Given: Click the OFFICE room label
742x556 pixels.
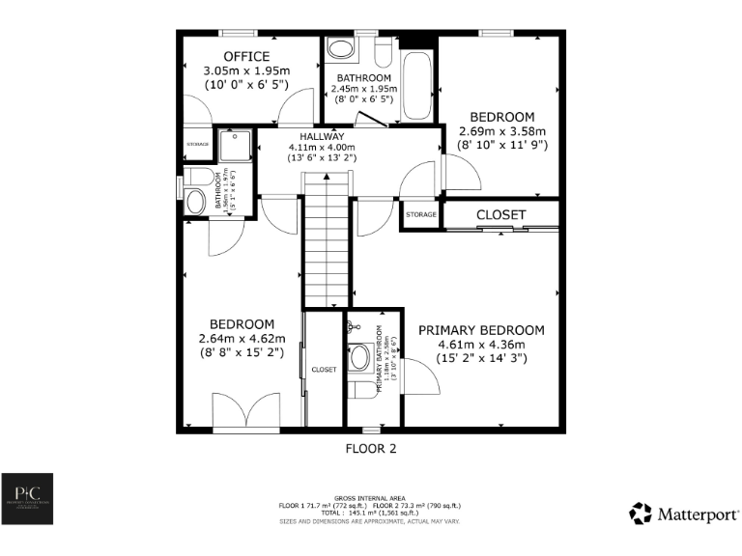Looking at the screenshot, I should point(246,56).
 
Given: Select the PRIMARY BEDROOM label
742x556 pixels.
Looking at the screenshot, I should point(480,330).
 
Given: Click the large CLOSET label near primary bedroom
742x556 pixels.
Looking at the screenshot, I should point(500,214).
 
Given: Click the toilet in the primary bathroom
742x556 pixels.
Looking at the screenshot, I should point(360,357).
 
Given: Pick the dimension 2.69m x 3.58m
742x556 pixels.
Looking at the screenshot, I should point(501,132).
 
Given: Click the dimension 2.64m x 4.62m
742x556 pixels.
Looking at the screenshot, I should point(242,339).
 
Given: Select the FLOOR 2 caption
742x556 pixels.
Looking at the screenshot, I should point(371,449).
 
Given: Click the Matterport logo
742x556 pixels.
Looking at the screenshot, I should point(685,512).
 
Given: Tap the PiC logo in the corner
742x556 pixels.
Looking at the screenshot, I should point(27,499).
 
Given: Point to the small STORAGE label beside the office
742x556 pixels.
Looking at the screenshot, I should point(197,145).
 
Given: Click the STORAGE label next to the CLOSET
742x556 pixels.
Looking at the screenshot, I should point(421,214).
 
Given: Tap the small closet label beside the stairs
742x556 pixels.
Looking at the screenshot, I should point(324,370).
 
